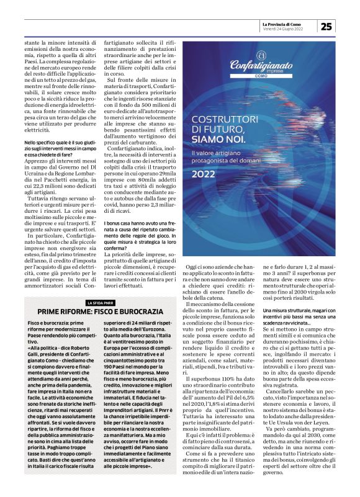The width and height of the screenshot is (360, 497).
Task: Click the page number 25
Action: pyautogui.click(x=326, y=27)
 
